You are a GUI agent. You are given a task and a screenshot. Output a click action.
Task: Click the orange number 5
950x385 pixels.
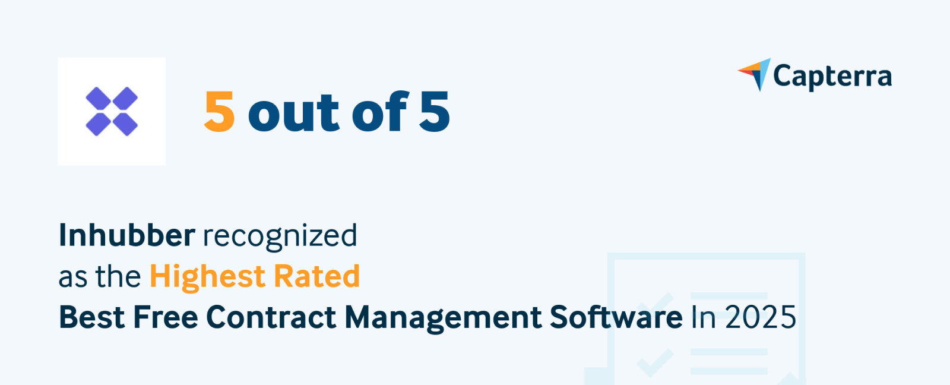(219, 112)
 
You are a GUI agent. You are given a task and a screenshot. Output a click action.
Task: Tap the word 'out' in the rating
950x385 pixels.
(294, 113)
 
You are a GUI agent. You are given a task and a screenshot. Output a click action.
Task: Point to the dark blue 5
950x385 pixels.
(435, 112)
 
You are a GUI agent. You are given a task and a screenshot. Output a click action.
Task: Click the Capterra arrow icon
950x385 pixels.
(756, 74)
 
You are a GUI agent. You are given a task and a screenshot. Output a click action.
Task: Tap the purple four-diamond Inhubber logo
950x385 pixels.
(112, 111)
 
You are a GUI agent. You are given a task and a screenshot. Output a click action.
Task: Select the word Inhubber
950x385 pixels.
(126, 235)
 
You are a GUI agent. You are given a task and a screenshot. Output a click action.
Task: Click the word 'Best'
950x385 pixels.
(92, 317)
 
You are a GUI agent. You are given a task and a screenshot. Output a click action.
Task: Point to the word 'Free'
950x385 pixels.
(165, 317)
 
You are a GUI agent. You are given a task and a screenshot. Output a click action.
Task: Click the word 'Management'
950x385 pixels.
(443, 318)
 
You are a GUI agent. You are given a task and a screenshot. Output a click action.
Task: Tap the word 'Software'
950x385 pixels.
(616, 317)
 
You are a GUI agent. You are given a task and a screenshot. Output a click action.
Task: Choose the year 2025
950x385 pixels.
(761, 317)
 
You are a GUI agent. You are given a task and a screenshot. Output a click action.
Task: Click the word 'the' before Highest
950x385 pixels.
(118, 277)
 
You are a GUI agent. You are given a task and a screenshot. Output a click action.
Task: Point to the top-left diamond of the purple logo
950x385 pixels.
(99, 99)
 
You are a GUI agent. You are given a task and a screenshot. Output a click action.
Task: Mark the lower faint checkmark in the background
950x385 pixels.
(655, 361)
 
